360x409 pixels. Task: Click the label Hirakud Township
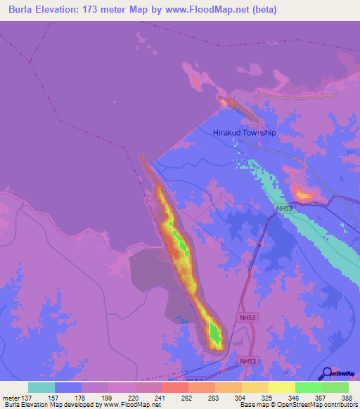[244, 132]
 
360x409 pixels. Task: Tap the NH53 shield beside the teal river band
[284, 209]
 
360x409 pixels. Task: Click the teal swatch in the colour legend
[41, 387]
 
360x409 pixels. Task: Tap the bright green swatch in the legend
[308, 387]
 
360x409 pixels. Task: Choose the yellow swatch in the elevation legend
[281, 387]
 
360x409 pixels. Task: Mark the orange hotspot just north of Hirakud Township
[226, 103]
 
